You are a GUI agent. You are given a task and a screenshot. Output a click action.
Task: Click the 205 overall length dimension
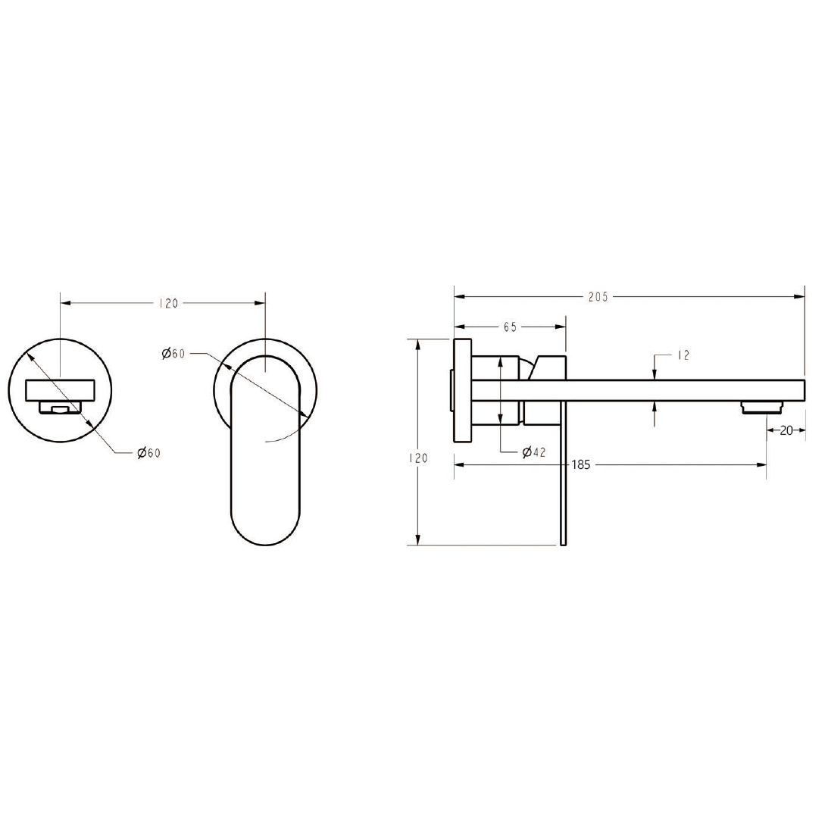click(598, 297)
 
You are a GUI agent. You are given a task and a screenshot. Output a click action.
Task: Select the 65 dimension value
click(509, 327)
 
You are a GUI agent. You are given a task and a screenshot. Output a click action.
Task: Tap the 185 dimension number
click(581, 465)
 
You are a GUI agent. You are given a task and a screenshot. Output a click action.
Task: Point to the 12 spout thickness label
click(683, 355)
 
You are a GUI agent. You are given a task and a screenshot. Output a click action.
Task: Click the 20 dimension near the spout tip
click(786, 430)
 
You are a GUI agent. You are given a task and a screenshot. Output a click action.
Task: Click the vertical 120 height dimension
click(418, 458)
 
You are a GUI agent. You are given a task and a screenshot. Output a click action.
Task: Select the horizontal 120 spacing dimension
click(168, 303)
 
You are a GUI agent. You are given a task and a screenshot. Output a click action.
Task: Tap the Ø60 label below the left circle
click(148, 453)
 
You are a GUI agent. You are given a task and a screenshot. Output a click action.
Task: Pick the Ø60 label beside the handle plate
click(173, 354)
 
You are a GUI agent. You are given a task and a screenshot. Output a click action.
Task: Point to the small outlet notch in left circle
click(59, 408)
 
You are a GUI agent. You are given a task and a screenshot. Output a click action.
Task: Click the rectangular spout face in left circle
click(61, 390)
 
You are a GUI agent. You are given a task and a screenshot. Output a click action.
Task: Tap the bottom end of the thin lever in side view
click(563, 541)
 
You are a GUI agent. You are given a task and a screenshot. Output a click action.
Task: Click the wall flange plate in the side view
click(462, 390)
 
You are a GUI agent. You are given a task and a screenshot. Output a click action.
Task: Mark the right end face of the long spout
click(803, 389)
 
